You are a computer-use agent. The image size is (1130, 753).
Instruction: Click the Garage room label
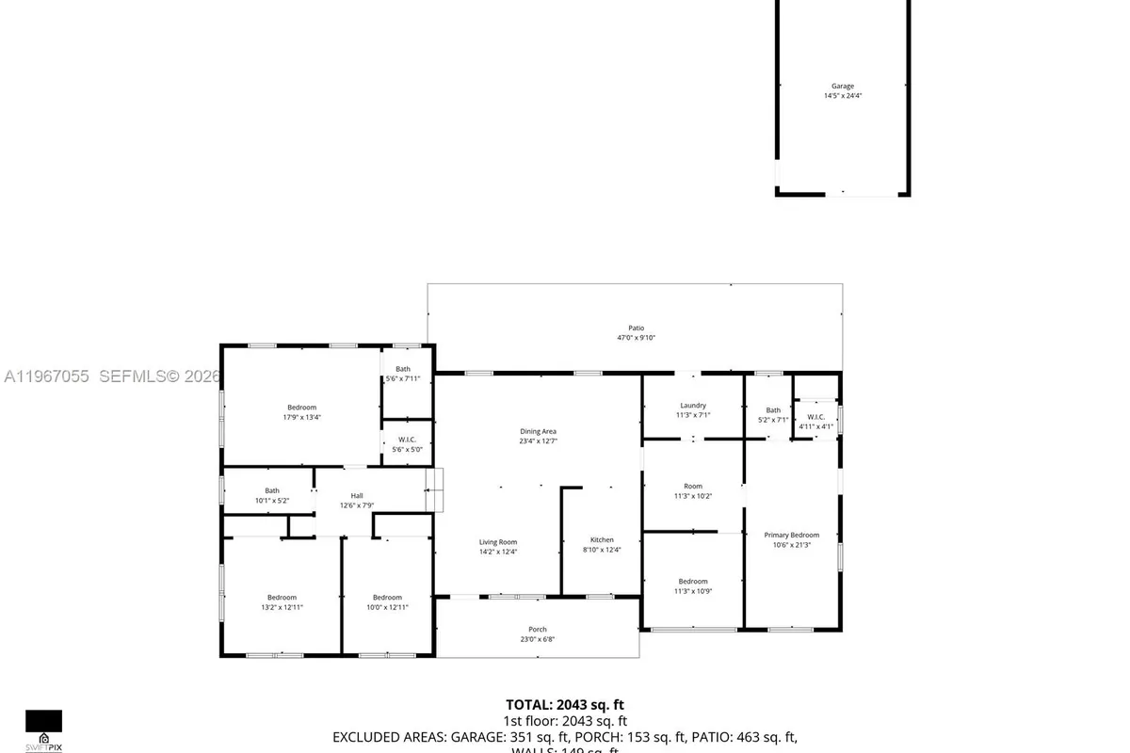(842, 87)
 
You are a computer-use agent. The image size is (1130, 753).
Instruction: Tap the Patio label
(637, 328)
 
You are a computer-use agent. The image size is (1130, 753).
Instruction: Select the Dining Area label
(538, 431)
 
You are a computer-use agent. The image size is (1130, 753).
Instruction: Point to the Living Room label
(497, 542)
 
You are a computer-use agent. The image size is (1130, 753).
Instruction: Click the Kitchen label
(602, 540)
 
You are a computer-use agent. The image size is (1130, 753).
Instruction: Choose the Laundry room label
(692, 406)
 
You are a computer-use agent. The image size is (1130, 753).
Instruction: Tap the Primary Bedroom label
(791, 535)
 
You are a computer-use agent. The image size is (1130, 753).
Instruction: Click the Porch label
(537, 630)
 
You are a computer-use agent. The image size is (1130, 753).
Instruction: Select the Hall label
(357, 496)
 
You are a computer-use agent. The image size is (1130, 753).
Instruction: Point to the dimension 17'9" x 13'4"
(301, 417)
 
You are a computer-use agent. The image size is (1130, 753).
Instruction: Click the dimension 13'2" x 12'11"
(282, 607)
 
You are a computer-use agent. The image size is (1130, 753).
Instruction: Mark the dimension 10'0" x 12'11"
(387, 607)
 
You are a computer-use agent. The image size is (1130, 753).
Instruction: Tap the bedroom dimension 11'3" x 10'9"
(693, 591)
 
